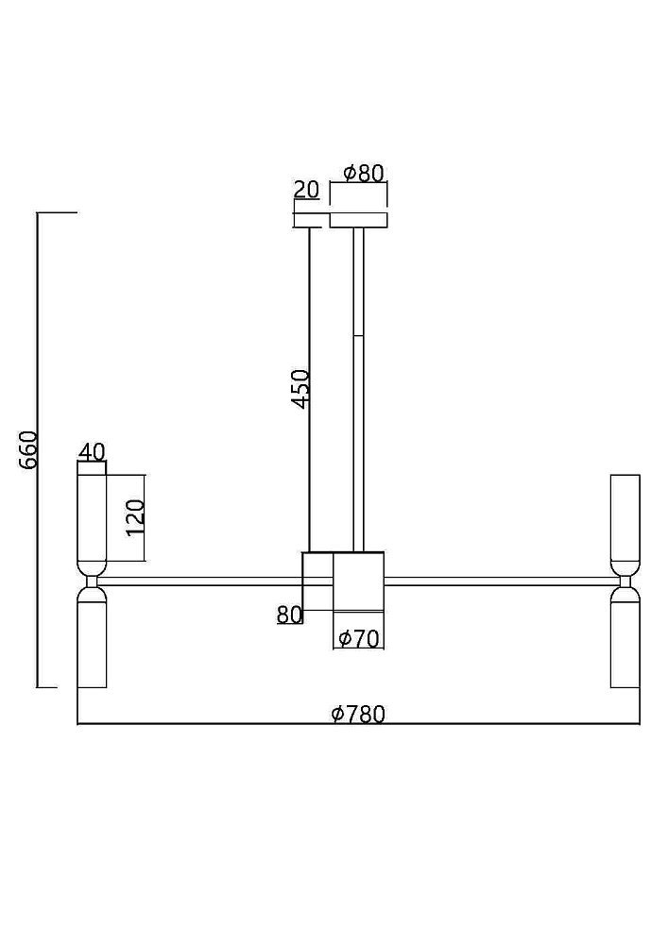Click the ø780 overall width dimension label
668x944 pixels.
click(x=358, y=714)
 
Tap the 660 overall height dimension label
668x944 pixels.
click(x=29, y=450)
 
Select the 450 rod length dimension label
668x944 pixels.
click(x=300, y=388)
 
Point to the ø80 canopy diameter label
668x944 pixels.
click(x=363, y=174)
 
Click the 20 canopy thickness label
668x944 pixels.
click(x=306, y=190)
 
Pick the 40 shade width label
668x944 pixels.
click(x=92, y=451)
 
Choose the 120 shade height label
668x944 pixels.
click(x=135, y=517)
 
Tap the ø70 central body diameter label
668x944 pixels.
click(x=359, y=638)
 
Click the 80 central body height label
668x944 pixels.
click(x=289, y=615)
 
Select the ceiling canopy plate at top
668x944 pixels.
click(x=358, y=220)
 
